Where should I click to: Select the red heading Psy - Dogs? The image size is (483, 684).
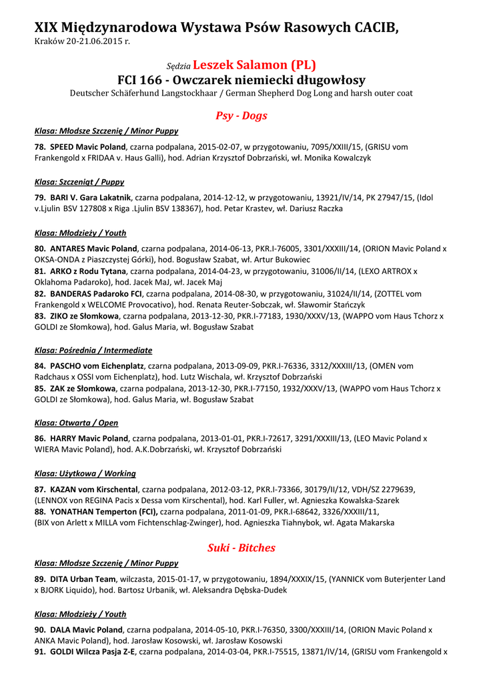(241, 116)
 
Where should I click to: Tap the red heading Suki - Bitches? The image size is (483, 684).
(241, 548)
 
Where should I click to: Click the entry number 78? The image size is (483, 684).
(39, 147)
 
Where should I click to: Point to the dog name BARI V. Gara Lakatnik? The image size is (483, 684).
(92, 198)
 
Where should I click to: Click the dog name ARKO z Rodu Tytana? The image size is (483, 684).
(87, 271)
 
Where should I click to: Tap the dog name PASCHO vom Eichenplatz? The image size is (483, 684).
(97, 366)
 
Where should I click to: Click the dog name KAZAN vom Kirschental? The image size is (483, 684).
(93, 490)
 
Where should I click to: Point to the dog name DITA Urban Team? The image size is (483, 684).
(83, 579)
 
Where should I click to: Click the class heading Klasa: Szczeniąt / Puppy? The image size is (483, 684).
(79, 182)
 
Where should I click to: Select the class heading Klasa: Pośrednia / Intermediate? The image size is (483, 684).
(93, 350)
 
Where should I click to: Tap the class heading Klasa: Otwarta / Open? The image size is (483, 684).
(76, 423)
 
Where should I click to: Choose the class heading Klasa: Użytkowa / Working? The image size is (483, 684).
(85, 474)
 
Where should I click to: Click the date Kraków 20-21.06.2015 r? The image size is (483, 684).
(82, 41)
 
